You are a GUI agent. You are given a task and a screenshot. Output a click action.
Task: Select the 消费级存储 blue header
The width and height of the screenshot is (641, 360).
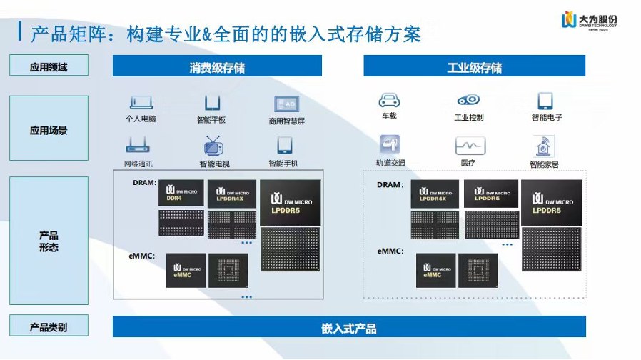coord(217,67)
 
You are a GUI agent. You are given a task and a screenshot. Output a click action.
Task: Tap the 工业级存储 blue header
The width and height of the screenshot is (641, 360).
coord(474,67)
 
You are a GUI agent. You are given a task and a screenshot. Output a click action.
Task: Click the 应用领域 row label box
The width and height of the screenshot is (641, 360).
coord(49,66)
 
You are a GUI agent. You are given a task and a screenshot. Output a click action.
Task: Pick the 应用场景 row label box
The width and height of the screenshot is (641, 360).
coord(49,131)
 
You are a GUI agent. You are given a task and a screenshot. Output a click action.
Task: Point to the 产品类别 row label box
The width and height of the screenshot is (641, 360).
coord(49,327)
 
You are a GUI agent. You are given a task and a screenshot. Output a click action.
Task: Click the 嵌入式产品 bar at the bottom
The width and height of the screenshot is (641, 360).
coord(349,328)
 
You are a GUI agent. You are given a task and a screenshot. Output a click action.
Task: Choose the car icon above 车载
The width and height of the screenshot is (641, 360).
coord(389,100)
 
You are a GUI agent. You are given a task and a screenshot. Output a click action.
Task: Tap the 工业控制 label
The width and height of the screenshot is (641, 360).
coord(469,118)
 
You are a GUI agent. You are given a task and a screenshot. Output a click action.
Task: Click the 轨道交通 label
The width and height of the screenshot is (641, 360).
coord(390,163)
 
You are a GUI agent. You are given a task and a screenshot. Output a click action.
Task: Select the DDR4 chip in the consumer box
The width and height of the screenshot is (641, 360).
coord(181,194)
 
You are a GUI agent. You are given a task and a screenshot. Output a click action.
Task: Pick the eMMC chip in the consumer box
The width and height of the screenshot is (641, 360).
coord(186,271)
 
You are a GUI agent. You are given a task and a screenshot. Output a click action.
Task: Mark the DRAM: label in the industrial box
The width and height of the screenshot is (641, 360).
coord(390,185)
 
